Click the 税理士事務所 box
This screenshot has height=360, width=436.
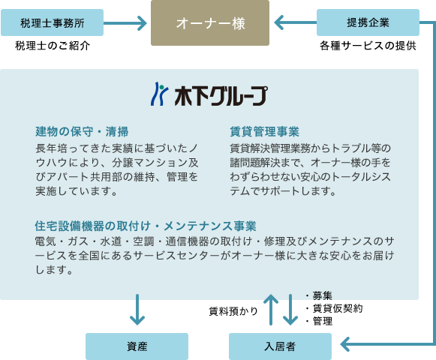pyautogui.click(x=52, y=22)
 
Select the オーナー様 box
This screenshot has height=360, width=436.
pyautogui.click(x=210, y=22)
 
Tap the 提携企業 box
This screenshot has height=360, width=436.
pyautogui.click(x=368, y=22)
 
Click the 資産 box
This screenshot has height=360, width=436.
pyautogui.click(x=137, y=346)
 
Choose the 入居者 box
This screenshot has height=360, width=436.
pyautogui.click(x=281, y=346)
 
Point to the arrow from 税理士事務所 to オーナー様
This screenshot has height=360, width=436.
pyautogui.click(x=125, y=23)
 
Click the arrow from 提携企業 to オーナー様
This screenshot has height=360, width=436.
pyautogui.click(x=296, y=22)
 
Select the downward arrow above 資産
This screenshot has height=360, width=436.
pyautogui.click(x=137, y=310)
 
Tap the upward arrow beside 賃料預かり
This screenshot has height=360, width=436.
pyautogui.click(x=271, y=310)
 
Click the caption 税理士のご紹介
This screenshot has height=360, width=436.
pyautogui.click(x=53, y=46)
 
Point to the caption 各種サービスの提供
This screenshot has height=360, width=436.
pyautogui.click(x=368, y=46)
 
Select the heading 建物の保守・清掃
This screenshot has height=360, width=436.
pyautogui.click(x=82, y=131)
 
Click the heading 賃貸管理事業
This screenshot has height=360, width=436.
pyautogui.click(x=264, y=131)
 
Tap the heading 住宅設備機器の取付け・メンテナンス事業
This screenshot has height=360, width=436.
pyautogui.click(x=146, y=226)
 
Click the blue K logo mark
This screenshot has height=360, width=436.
pyautogui.click(x=160, y=94)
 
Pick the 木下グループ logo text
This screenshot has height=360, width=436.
pyautogui.click(x=221, y=96)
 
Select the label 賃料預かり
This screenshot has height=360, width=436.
pyautogui.click(x=233, y=311)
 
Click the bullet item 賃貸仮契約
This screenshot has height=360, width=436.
pyautogui.click(x=334, y=308)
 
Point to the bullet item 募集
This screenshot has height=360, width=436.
pyautogui.click(x=319, y=295)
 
